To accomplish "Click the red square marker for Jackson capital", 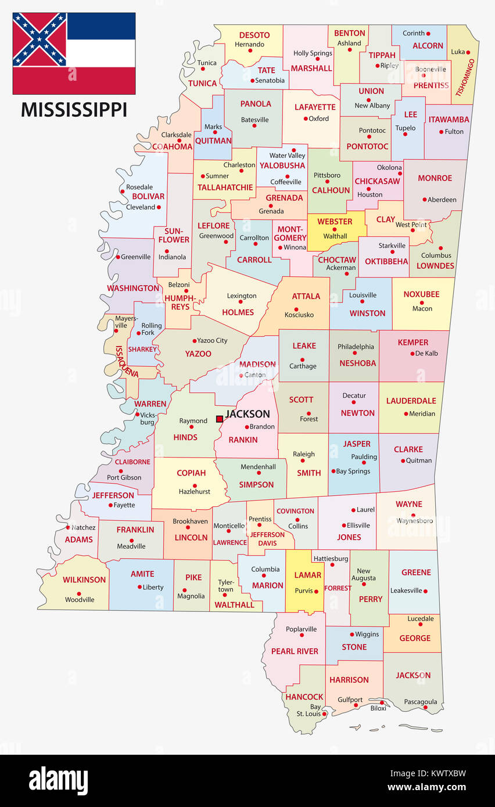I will [x=220, y=419].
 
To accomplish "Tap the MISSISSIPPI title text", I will [x=74, y=109].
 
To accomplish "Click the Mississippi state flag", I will [x=74, y=53].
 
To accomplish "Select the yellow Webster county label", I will [x=335, y=221].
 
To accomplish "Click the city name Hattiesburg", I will [x=331, y=559].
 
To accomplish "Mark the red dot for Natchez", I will [x=68, y=527].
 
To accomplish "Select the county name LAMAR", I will [x=307, y=575].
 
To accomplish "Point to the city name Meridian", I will [x=422, y=414].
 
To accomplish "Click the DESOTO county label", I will [x=254, y=34].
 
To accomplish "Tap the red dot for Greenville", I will [x=118, y=257].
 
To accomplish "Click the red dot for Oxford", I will [x=305, y=119].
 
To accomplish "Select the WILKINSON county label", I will [x=84, y=579].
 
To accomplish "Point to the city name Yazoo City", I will [x=212, y=340].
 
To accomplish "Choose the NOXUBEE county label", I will [x=422, y=294].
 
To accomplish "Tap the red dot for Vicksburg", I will [x=137, y=415].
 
